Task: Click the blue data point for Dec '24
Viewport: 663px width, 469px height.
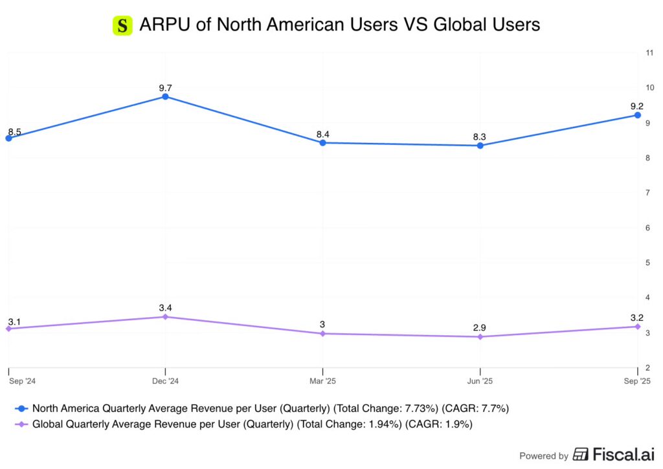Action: tap(165, 96)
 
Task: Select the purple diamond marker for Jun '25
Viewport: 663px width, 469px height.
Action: tap(480, 337)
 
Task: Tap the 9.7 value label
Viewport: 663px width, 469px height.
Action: tap(165, 87)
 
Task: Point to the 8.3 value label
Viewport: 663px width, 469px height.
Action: tap(480, 136)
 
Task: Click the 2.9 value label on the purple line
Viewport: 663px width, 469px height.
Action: tap(480, 328)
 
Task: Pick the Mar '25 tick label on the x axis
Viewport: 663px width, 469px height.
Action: tap(322, 381)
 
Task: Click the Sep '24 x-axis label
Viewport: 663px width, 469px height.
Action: tap(22, 381)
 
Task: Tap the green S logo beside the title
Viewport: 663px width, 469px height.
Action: tap(122, 25)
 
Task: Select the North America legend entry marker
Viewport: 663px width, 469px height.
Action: tap(22, 408)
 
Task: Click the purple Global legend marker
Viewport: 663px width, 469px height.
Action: tap(22, 424)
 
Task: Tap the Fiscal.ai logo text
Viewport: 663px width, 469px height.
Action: tap(615, 455)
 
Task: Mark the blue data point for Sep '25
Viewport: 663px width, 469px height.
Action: tap(637, 115)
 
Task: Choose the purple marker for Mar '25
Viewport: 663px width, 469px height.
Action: tap(322, 334)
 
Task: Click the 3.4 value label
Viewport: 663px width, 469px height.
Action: tap(165, 307)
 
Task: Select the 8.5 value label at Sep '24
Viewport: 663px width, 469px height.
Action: tap(15, 132)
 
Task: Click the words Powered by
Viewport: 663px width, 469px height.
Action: tap(544, 455)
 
